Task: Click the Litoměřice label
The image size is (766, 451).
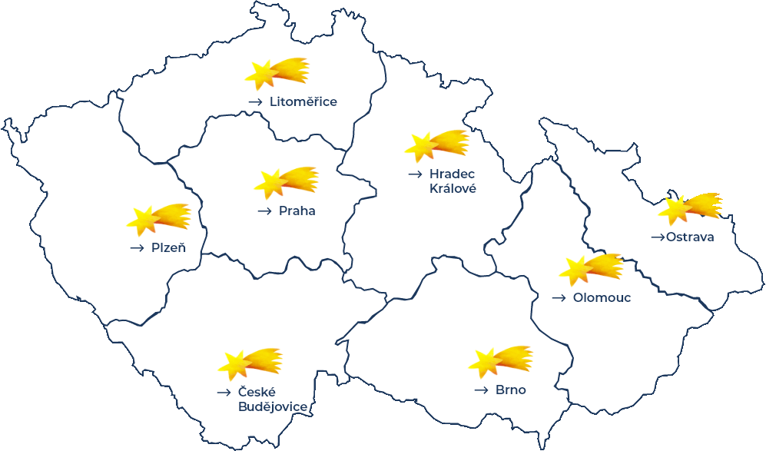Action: tap(303, 101)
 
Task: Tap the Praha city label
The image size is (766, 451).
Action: tap(297, 211)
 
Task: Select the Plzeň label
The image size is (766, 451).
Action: tap(168, 247)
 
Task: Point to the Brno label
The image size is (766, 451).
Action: tap(510, 390)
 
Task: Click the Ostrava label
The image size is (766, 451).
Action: tap(690, 237)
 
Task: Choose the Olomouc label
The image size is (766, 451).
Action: tap(602, 297)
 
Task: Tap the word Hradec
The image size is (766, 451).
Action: tap(453, 174)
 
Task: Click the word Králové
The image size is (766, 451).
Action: tap(453, 188)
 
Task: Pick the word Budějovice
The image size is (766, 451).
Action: tap(273, 406)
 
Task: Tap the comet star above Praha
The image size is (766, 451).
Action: tap(286, 182)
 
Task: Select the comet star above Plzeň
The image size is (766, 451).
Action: tap(158, 219)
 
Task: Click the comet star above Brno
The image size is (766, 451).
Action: tap(500, 361)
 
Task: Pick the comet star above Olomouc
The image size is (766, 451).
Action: tap(591, 268)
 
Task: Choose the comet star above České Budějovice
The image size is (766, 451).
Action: tap(250, 363)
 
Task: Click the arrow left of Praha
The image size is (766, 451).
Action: tap(265, 211)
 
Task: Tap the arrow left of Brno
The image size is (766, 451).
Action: tap(481, 390)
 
